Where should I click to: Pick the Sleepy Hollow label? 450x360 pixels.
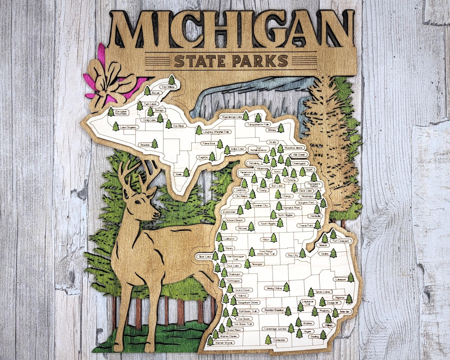[274, 288]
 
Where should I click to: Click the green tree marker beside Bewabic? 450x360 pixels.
[155, 144]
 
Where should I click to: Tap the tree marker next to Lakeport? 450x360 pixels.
[351, 277]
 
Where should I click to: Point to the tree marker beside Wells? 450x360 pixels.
[186, 172]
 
